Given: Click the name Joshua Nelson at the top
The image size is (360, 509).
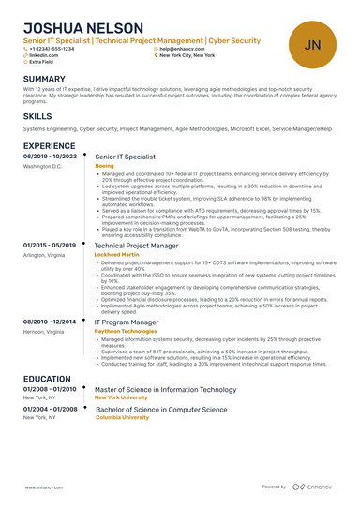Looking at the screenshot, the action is [x=83, y=28].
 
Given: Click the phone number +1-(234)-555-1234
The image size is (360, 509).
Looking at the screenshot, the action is [x=52, y=49].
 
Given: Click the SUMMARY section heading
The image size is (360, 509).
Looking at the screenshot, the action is [x=44, y=79].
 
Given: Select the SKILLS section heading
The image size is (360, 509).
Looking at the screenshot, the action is [x=37, y=115].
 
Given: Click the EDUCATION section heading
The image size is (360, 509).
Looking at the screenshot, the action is [x=47, y=379].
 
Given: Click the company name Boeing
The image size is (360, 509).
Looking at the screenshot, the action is [x=104, y=166].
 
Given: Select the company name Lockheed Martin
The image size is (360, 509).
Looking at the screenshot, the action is [x=117, y=254].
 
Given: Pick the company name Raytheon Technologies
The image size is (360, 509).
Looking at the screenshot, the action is [x=126, y=331].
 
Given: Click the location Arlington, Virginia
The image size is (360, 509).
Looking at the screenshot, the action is [x=44, y=254].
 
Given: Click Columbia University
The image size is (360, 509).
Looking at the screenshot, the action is [x=122, y=417].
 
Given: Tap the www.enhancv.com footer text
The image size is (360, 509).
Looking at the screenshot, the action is [x=44, y=487].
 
